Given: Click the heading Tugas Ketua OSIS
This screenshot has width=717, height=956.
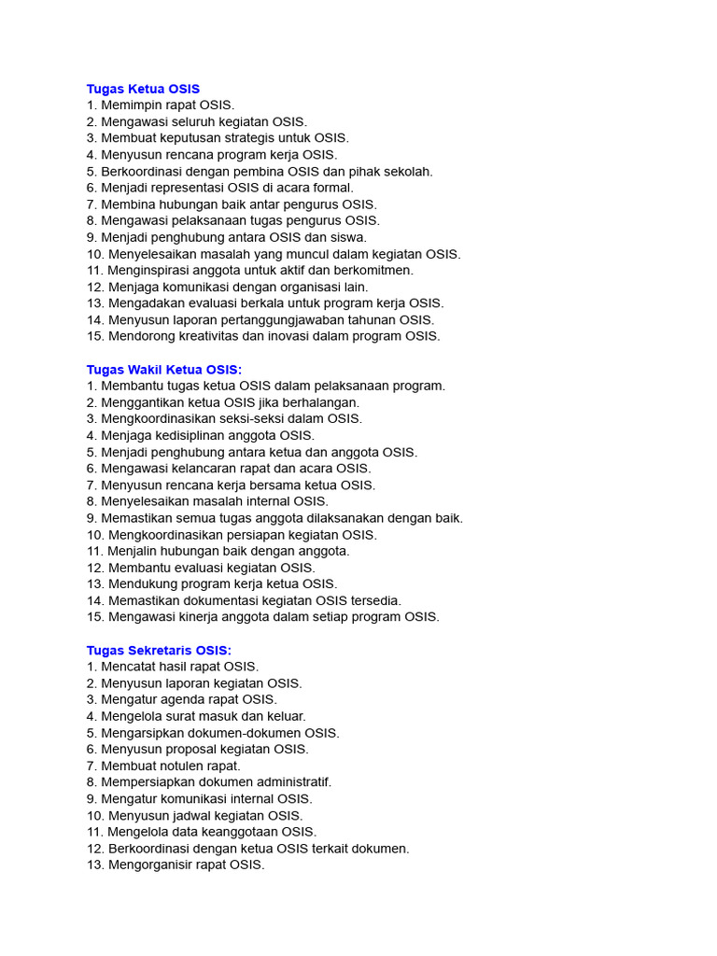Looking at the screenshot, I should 143,89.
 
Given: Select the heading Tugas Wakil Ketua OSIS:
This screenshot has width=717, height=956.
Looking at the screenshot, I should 164,370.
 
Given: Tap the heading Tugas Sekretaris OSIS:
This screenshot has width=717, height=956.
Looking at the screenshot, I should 159,650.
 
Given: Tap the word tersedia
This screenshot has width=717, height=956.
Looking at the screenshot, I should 375,600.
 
